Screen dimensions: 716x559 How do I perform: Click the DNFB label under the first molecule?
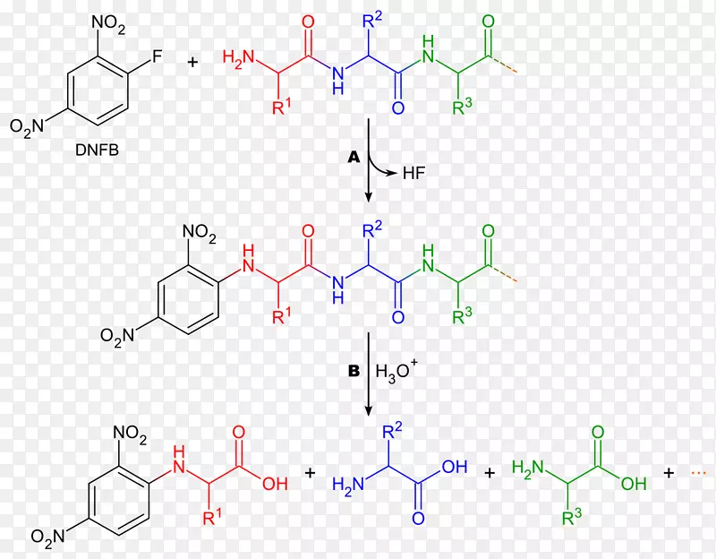pyautogui.click(x=97, y=150)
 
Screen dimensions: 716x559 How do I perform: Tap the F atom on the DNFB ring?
pyautogui.click(x=157, y=56)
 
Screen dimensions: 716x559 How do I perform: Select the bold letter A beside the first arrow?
pyautogui.click(x=354, y=158)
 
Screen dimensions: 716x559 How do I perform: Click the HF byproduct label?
pyautogui.click(x=414, y=173)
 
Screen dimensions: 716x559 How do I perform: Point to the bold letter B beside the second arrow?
pyautogui.click(x=354, y=371)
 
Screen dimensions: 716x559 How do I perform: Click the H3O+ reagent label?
pyautogui.click(x=396, y=370)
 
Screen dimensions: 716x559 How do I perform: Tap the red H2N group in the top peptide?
pyautogui.click(x=238, y=58)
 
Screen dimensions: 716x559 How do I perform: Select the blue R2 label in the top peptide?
pyautogui.click(x=372, y=21)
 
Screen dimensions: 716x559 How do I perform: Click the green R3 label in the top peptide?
pyautogui.click(x=462, y=107)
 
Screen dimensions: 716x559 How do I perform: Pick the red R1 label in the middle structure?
pyautogui.click(x=281, y=316)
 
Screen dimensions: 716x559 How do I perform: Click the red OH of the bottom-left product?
pyautogui.click(x=275, y=484)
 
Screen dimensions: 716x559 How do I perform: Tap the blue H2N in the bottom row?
pyautogui.click(x=348, y=485)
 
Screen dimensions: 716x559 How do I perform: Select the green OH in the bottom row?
pyautogui.click(x=634, y=484)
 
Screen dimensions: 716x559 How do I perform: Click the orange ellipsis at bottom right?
pyautogui.click(x=699, y=473)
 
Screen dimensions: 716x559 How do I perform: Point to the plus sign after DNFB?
pyautogui.click(x=192, y=62)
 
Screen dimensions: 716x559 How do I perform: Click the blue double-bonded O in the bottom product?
pyautogui.click(x=418, y=518)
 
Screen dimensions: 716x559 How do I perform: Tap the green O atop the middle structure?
pyautogui.click(x=488, y=231)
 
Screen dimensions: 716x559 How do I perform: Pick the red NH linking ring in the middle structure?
pyautogui.click(x=249, y=258)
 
